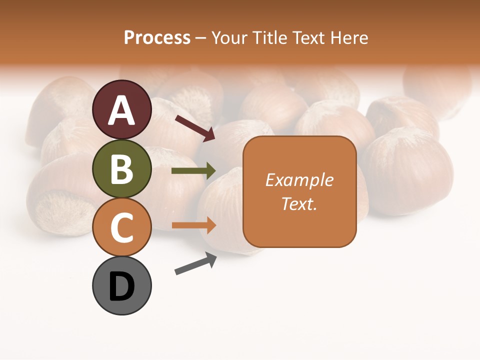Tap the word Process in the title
(x=157, y=38)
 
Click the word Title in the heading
(x=269, y=38)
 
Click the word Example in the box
(x=299, y=180)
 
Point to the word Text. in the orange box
(x=299, y=203)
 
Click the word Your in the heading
(x=229, y=38)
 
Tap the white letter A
(x=122, y=110)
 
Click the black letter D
(x=122, y=287)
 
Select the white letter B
(x=122, y=169)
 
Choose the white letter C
(x=122, y=228)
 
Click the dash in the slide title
(x=201, y=38)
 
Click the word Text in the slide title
(x=307, y=38)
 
